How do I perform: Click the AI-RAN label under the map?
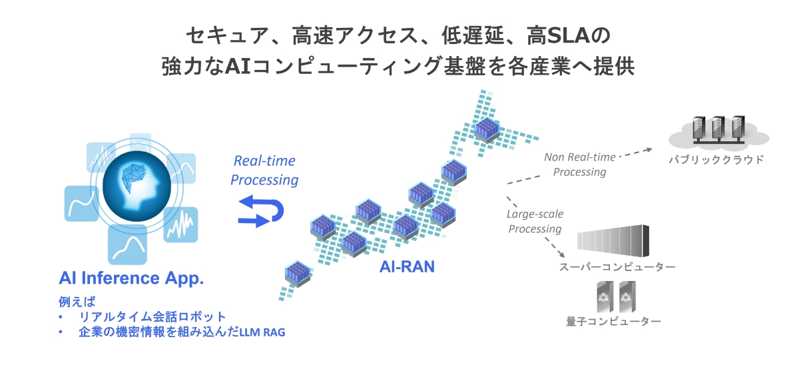[x=407, y=267]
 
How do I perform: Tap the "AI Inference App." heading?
[x=131, y=278]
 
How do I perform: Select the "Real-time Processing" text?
[x=265, y=171]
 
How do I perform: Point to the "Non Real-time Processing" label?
[x=576, y=165]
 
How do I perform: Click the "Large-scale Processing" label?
[x=535, y=221]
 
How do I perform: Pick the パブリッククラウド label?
[x=717, y=160]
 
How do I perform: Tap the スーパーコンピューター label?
[x=617, y=267]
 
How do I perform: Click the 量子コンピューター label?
[x=613, y=322]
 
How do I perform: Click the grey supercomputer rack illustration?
[x=613, y=242]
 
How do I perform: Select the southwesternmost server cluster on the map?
[x=295, y=274]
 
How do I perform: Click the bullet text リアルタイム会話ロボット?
[x=152, y=317]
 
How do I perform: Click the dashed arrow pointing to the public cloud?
[x=639, y=151]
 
